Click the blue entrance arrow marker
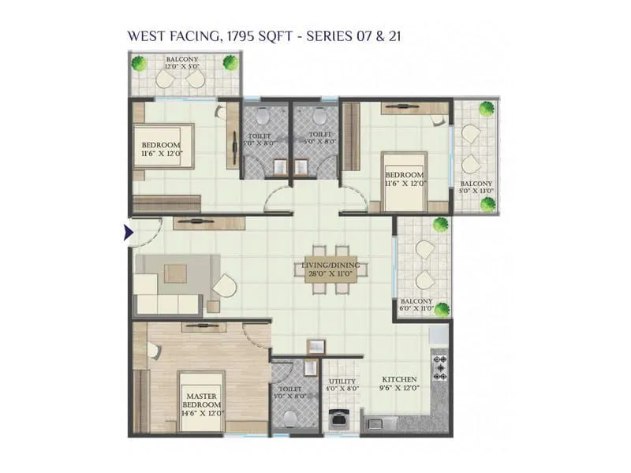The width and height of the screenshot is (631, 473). [127, 233]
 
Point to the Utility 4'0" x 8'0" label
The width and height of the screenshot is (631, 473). [342, 384]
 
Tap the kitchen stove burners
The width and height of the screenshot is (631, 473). [439, 366]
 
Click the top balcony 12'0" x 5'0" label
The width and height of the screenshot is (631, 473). [181, 63]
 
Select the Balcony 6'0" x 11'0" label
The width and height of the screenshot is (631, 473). [416, 305]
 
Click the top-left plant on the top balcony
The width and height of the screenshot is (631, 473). [140, 63]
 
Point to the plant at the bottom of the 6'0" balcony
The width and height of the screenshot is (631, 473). [442, 309]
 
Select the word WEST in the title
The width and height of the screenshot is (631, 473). [144, 35]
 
